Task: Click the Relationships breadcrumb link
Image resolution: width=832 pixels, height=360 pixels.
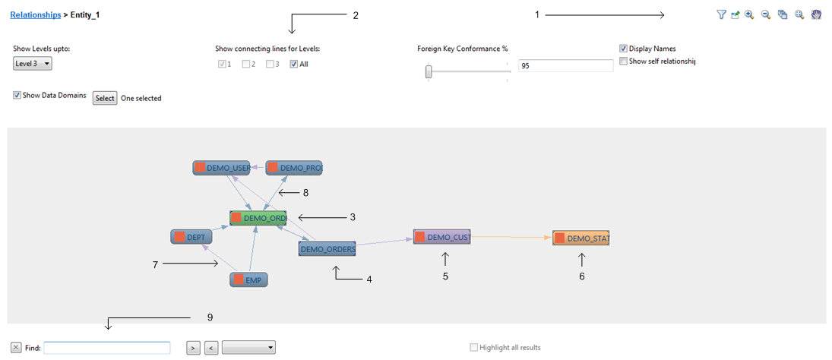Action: tap(35, 14)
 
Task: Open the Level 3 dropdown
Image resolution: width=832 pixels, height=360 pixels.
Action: tap(33, 64)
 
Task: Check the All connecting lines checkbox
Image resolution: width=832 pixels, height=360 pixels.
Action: tap(294, 65)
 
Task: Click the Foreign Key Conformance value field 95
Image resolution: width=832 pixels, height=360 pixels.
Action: tap(565, 66)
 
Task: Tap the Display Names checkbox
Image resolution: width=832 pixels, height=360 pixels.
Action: tap(624, 49)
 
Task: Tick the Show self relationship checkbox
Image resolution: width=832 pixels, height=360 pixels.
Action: tap(624, 61)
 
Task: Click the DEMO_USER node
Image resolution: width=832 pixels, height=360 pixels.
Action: tap(221, 168)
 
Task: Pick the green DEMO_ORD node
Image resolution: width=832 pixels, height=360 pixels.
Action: tap(258, 218)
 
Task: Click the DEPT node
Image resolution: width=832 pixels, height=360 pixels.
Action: tap(191, 237)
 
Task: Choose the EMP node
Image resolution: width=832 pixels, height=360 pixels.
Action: tap(249, 279)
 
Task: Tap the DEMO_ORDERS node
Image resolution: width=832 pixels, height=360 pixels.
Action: tap(327, 248)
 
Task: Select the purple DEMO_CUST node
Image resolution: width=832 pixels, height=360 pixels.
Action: tap(442, 237)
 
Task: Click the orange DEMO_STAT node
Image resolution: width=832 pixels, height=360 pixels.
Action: tap(581, 238)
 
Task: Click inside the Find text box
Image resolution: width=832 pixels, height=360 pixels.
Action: tap(106, 348)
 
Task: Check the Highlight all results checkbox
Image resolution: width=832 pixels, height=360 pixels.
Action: tap(474, 348)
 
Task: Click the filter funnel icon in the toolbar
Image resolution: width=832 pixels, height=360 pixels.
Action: tap(721, 14)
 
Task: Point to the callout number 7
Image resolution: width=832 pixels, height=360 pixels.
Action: tap(155, 264)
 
